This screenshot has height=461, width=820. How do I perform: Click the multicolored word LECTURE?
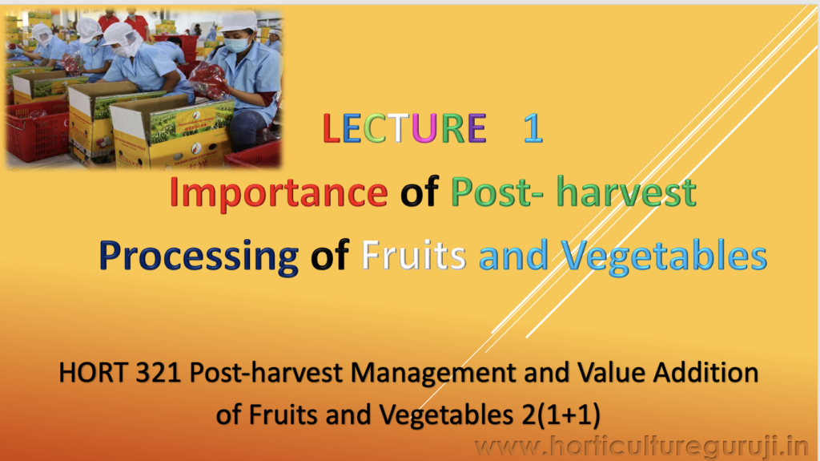tap(404, 128)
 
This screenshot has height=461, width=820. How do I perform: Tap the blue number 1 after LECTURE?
tap(533, 128)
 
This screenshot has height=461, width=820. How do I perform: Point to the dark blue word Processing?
tap(199, 257)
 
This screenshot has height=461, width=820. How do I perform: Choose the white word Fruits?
tap(414, 255)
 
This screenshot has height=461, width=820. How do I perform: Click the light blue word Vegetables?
tap(665, 257)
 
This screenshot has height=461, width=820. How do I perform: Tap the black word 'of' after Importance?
tap(419, 192)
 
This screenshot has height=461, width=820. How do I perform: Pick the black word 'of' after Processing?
tap(329, 255)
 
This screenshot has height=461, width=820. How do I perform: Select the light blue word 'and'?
tap(513, 255)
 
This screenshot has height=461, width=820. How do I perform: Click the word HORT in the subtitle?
tap(93, 373)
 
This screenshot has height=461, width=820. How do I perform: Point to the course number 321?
tap(159, 373)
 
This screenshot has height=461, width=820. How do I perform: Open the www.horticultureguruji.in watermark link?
tap(641, 447)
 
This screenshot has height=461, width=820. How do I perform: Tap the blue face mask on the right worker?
tap(237, 44)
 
